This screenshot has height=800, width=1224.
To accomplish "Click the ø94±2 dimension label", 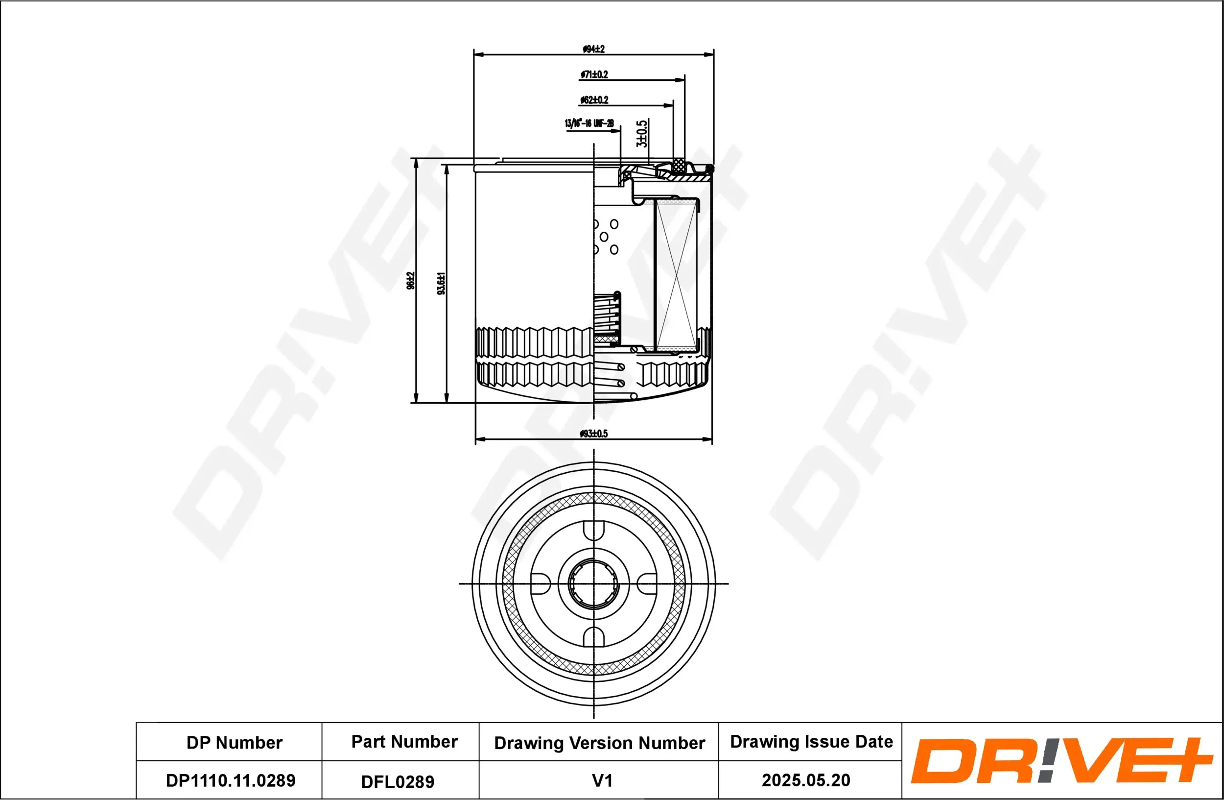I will click(x=593, y=49).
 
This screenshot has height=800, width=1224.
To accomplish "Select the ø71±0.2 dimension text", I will click(x=594, y=74).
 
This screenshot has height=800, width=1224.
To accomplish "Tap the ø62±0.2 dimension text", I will click(x=594, y=100).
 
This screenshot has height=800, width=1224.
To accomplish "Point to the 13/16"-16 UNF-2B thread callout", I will click(x=589, y=123).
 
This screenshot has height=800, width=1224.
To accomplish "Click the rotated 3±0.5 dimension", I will click(x=642, y=134).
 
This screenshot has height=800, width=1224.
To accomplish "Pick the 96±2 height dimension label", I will click(x=410, y=281).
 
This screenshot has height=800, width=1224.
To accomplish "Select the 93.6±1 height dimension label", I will click(x=441, y=283).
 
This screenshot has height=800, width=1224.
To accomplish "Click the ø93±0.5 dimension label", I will click(x=593, y=434).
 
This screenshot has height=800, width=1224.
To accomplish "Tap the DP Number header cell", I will click(x=234, y=742).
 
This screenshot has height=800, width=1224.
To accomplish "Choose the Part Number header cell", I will click(x=404, y=741).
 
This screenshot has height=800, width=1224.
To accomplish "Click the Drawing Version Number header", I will click(x=599, y=743).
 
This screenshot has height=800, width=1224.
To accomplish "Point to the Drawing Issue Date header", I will click(x=811, y=741).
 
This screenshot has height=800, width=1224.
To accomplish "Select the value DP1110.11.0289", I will click(x=231, y=780).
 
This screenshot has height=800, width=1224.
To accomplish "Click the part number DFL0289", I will click(x=398, y=781).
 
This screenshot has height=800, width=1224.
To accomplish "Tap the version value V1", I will click(x=602, y=780).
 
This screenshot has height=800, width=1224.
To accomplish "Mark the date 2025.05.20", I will click(x=806, y=780).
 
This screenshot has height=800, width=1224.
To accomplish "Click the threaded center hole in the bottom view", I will click(x=594, y=583).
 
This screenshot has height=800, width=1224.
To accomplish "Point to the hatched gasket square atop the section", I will click(x=680, y=165).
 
